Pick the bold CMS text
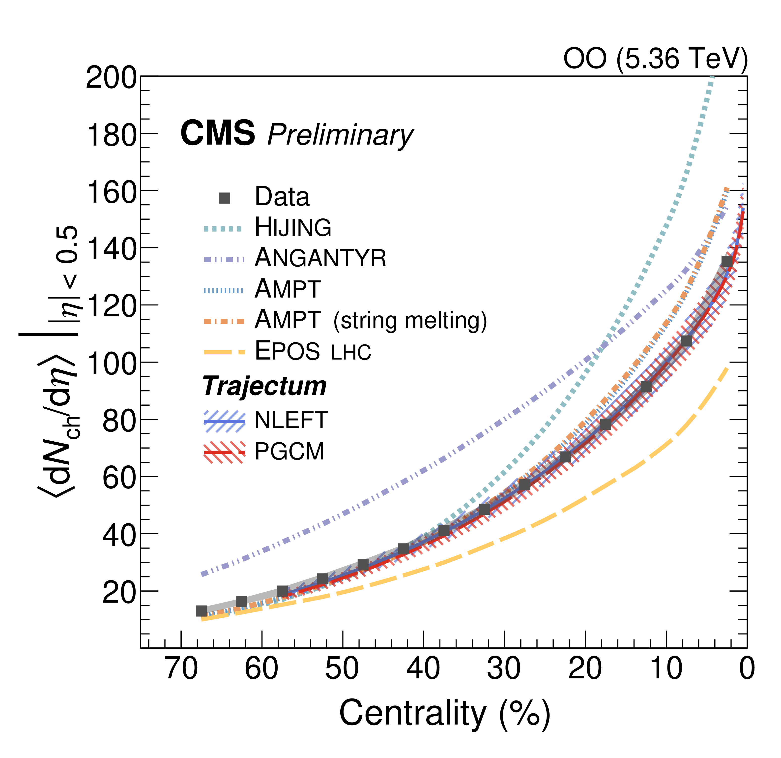(218, 133)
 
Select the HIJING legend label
(293, 228)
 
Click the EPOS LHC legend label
(313, 351)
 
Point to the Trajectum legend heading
(264, 386)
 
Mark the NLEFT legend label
(291, 420)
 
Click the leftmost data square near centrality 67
(201, 610)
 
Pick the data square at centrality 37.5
(444, 530)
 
